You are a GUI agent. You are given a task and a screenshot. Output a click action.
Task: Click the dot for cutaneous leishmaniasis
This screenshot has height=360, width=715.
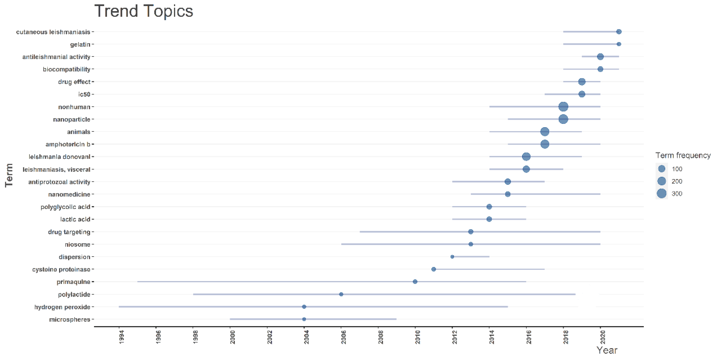[x=619, y=32]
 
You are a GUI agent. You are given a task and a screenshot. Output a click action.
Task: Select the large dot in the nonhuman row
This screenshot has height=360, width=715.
[x=563, y=107]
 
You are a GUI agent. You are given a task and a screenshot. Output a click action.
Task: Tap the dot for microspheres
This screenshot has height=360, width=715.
[x=304, y=319]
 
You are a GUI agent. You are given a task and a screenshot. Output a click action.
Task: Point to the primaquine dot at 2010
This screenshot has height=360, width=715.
[x=415, y=282]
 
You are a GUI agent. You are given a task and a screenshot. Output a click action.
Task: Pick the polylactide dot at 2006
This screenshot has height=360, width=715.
[x=341, y=294]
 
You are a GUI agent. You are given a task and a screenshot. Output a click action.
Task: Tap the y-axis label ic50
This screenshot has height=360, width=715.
[x=84, y=94]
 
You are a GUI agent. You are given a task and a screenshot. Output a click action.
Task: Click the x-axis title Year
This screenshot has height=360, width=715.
[x=607, y=350]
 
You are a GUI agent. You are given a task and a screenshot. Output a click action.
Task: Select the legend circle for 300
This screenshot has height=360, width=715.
[x=662, y=194]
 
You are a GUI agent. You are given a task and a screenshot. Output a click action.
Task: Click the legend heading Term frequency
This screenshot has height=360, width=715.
[x=683, y=155]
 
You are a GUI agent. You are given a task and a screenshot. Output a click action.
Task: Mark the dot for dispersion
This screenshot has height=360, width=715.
[x=452, y=257]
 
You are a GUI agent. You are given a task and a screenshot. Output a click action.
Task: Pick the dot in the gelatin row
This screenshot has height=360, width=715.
[x=619, y=44]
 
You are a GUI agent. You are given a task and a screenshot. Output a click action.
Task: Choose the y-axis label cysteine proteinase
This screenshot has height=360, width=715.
[x=61, y=270]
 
